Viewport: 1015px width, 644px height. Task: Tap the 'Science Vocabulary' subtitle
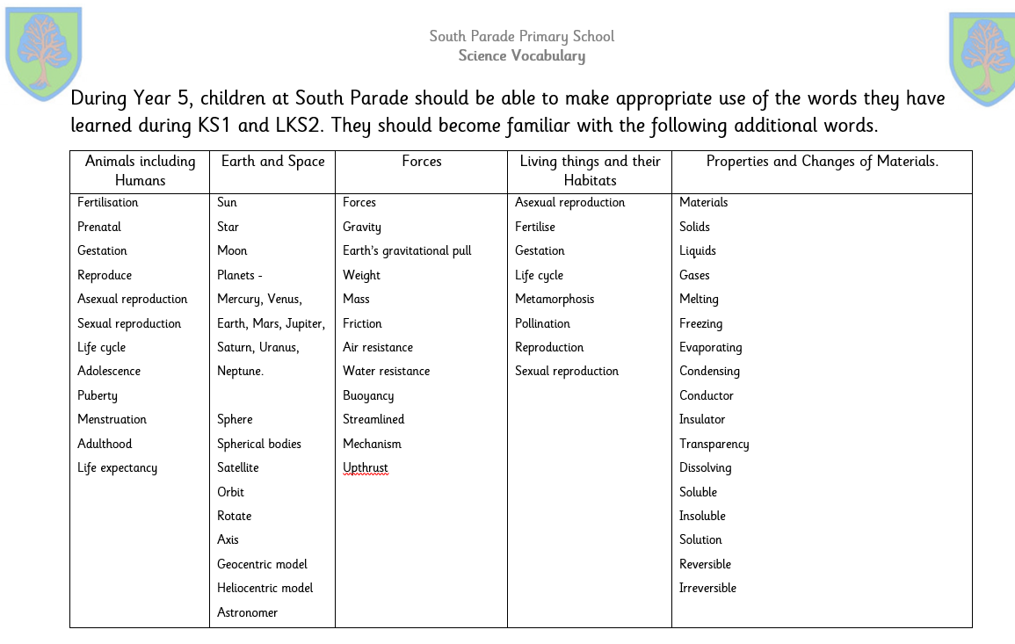tap(521, 56)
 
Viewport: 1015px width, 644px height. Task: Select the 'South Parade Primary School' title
tap(521, 36)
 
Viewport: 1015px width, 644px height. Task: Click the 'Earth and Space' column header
tap(272, 162)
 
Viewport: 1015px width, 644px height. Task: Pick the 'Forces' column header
tap(421, 162)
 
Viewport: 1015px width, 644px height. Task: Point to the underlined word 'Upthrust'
tap(365, 468)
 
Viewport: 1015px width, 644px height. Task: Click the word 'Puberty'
tap(97, 396)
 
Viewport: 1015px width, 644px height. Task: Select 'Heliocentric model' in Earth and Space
tap(265, 589)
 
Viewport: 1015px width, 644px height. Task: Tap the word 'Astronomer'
tap(247, 613)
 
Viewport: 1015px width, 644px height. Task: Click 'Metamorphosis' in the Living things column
tap(555, 300)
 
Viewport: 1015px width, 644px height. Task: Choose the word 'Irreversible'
tap(707, 589)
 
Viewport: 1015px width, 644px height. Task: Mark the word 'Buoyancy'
tap(368, 396)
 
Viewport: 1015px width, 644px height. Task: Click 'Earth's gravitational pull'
tap(407, 251)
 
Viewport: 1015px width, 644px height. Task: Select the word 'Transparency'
tap(714, 445)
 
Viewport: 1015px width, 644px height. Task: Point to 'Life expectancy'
tap(117, 468)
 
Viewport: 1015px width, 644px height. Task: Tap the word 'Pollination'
tap(542, 324)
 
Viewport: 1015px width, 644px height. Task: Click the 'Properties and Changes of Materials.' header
tap(822, 162)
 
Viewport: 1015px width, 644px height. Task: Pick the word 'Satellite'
tap(237, 468)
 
